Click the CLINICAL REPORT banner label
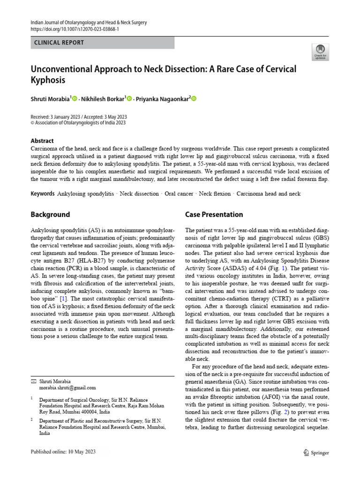click(x=59, y=43)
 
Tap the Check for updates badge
click(x=320, y=52)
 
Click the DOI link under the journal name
click(x=75, y=29)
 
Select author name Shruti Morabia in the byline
click(x=50, y=99)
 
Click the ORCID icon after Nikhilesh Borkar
click(x=130, y=99)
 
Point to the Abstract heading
click(x=42, y=141)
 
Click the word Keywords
click(x=43, y=194)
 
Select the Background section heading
click(x=50, y=215)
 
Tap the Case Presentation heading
click(x=214, y=215)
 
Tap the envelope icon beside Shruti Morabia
click(x=33, y=381)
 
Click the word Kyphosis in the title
click(x=48, y=80)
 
